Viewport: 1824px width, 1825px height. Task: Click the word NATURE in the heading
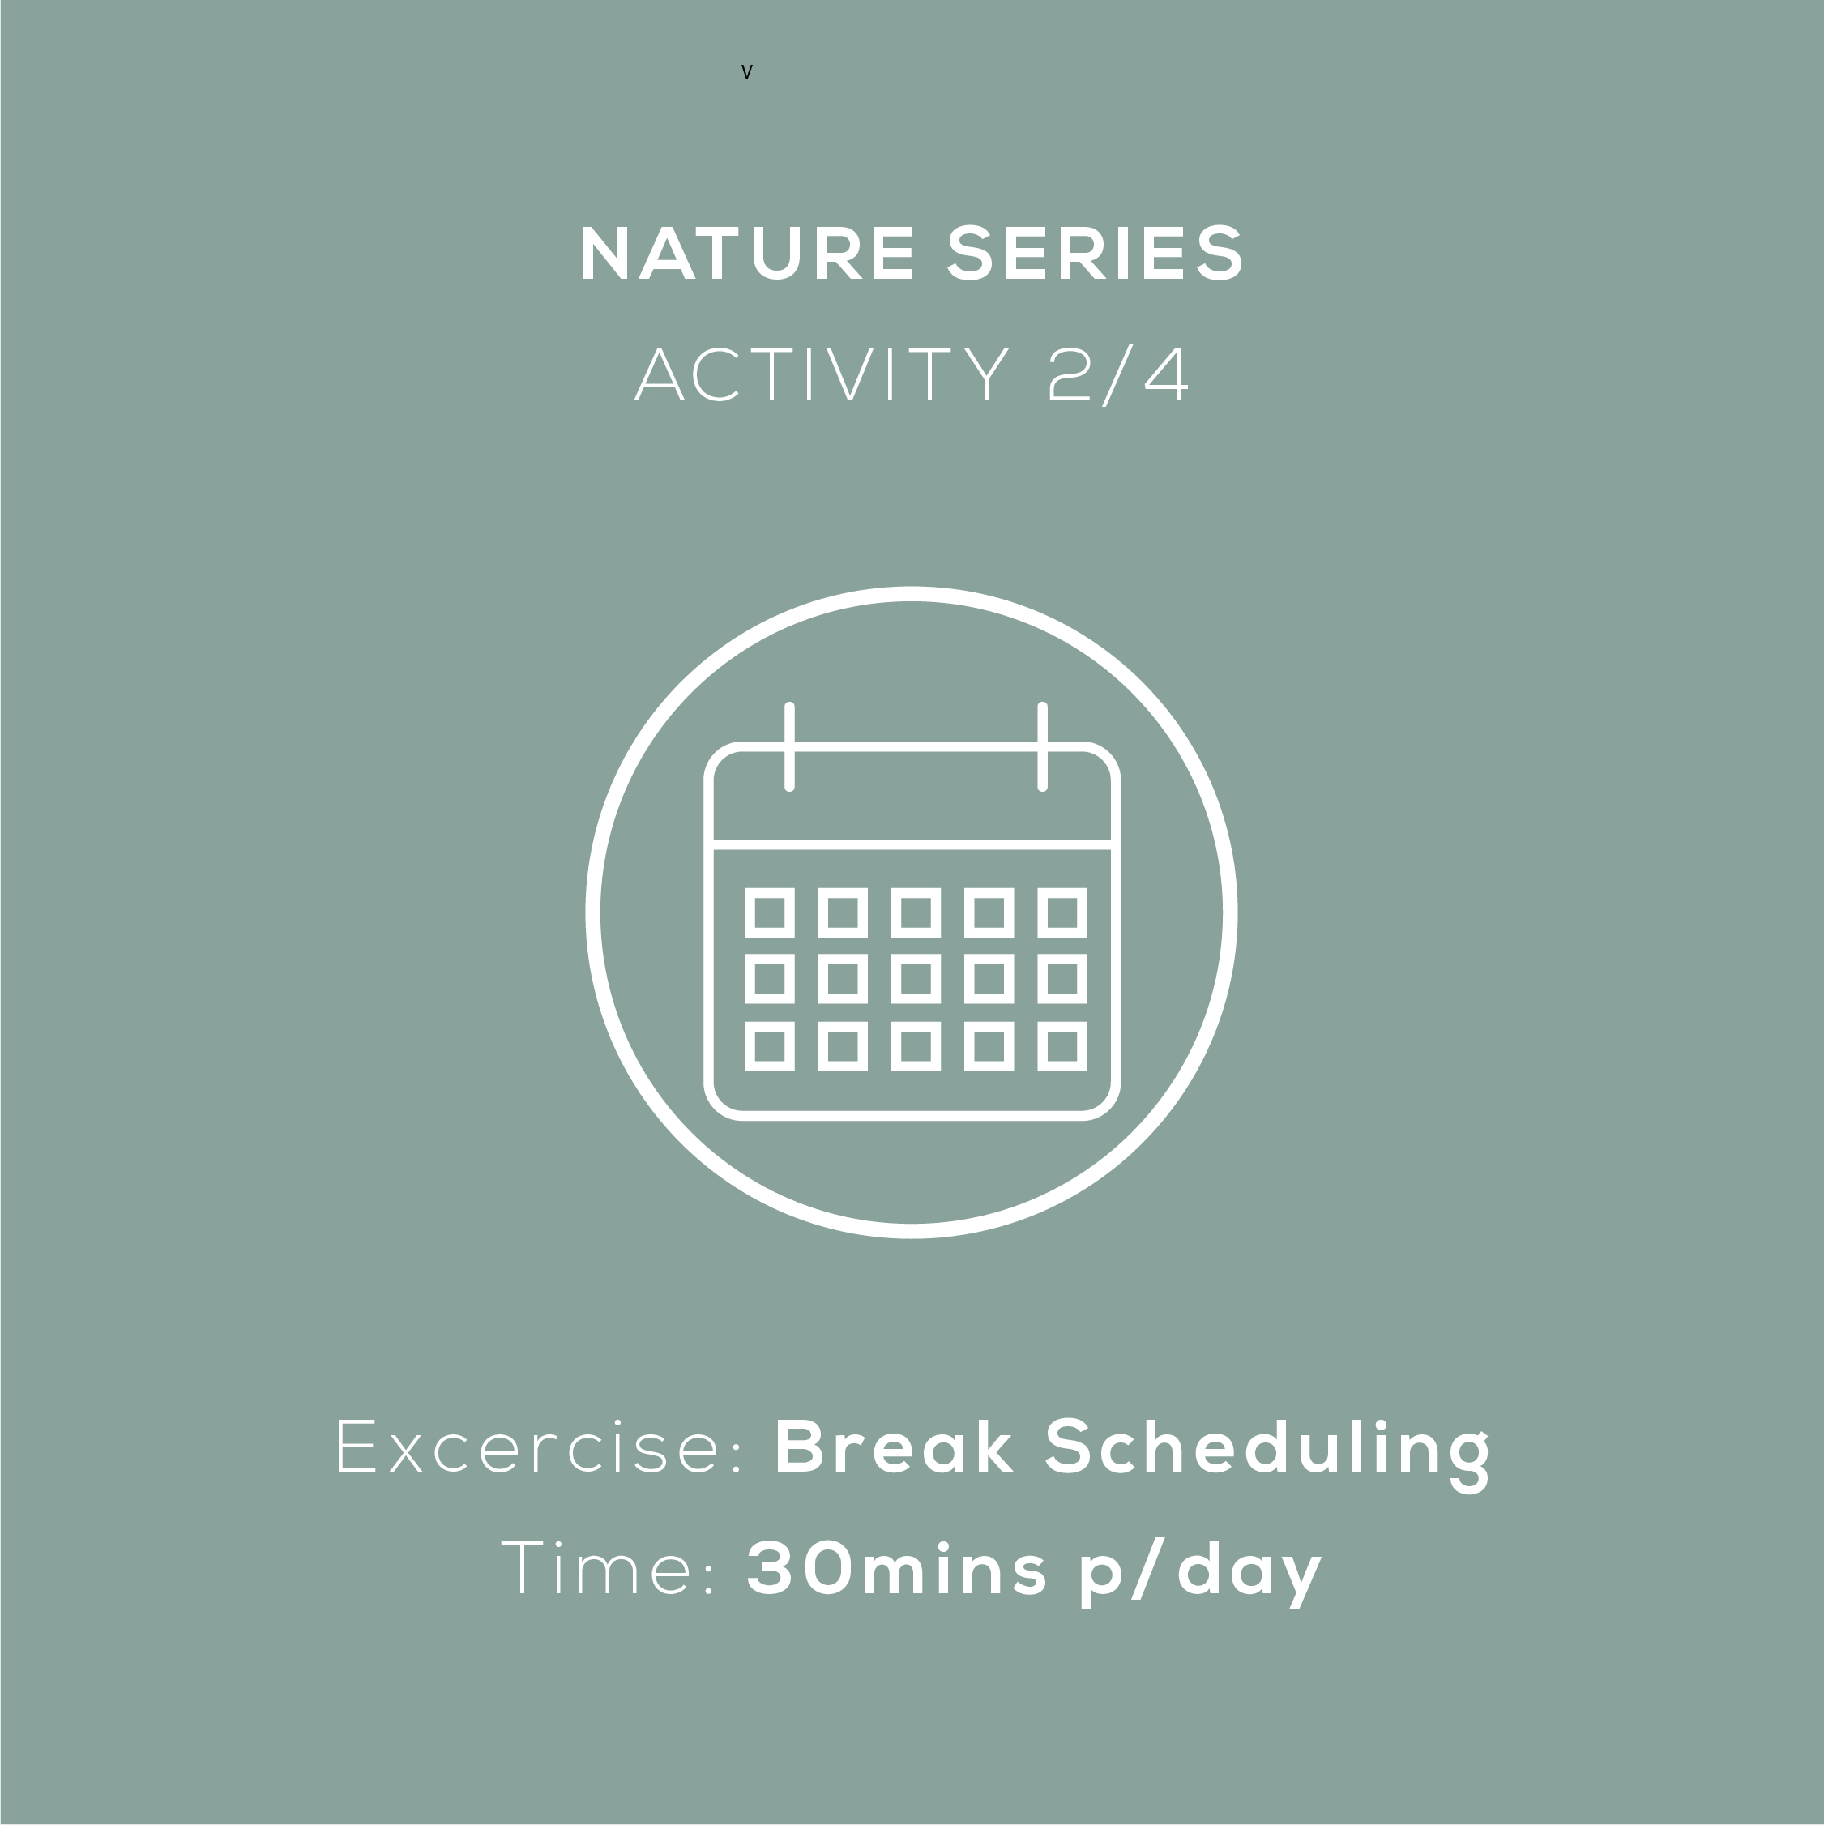click(747, 253)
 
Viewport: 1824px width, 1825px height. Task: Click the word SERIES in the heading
click(1095, 253)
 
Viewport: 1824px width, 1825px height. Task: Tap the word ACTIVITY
click(821, 375)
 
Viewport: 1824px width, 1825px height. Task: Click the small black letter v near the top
click(746, 72)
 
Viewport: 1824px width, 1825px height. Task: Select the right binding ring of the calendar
click(1042, 746)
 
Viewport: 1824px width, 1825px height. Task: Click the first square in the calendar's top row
click(769, 912)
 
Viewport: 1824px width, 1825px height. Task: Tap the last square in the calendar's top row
click(1062, 912)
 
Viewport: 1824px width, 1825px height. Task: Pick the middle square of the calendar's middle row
click(916, 979)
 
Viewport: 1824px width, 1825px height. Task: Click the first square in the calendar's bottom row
click(769, 1045)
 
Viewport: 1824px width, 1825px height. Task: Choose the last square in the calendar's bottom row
click(1062, 1045)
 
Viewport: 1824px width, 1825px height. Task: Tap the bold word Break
click(894, 1445)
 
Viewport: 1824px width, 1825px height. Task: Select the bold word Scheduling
click(1267, 1455)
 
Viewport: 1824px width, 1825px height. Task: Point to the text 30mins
click(896, 1568)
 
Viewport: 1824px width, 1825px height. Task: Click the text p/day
click(1201, 1573)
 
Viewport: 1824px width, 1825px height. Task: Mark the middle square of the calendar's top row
click(916, 912)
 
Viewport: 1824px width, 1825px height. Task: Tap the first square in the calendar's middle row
click(769, 979)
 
